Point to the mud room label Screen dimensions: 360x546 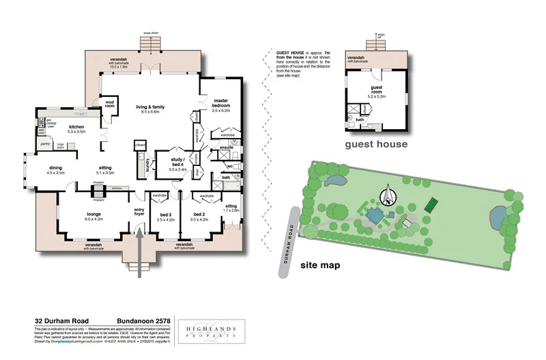[x=109, y=105]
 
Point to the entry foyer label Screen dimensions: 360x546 [x=139, y=211]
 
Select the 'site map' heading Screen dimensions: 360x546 [x=320, y=264]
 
